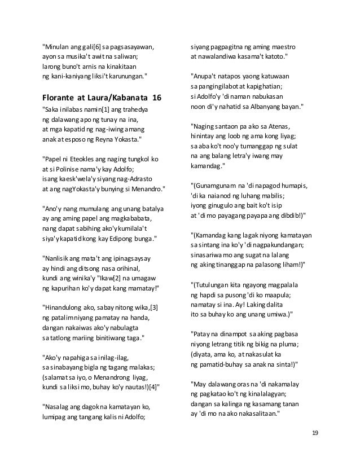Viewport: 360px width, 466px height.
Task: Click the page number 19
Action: pos(315,432)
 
